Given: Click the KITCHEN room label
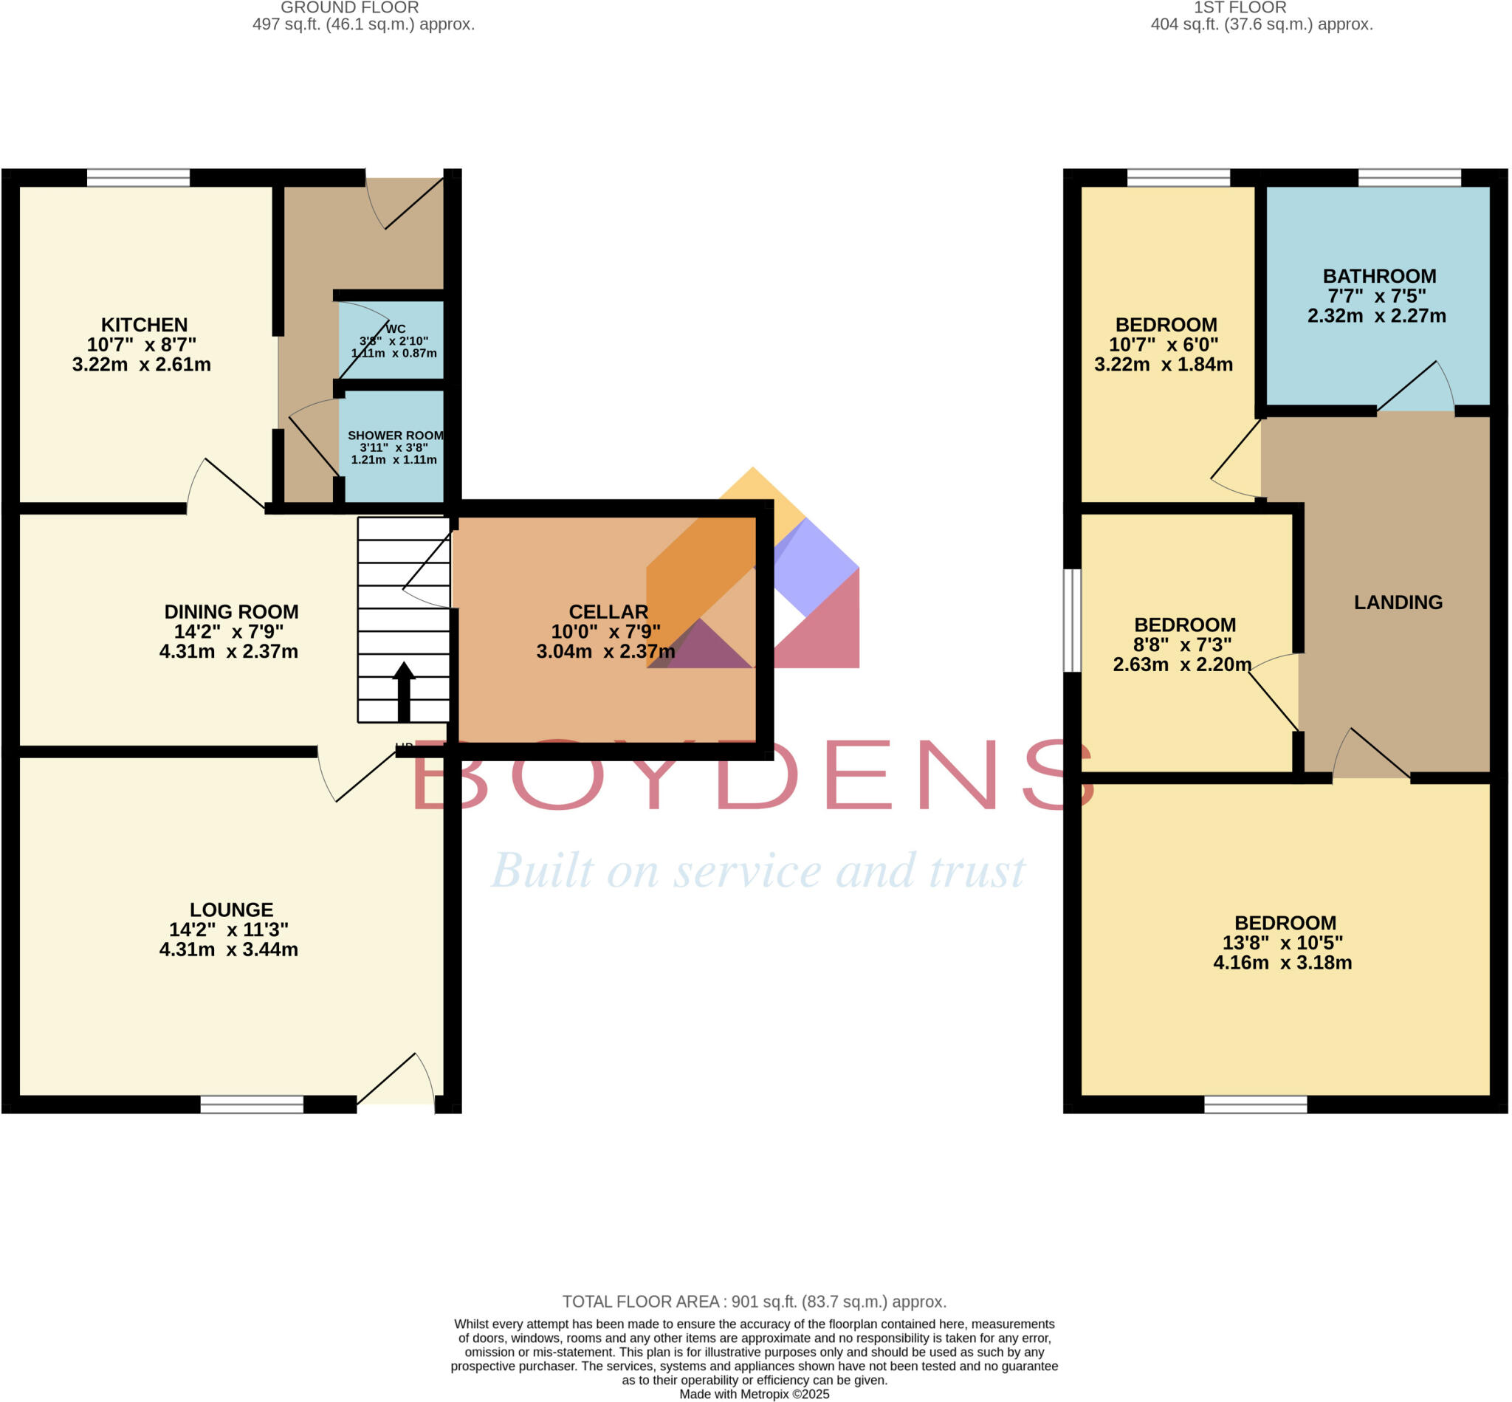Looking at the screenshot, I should [x=144, y=325].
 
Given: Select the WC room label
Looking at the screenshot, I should [x=395, y=329].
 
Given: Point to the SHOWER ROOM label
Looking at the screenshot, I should [x=395, y=436].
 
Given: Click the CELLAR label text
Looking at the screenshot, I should [x=608, y=611].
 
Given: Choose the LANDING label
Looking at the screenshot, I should [x=1398, y=602].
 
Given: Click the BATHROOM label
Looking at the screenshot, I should [x=1379, y=276].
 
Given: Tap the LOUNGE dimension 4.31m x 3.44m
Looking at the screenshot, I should [x=228, y=949].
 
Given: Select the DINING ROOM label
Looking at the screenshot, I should [x=231, y=611].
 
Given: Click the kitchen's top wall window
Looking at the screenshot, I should [x=138, y=177].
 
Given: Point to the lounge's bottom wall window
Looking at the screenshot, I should [x=252, y=1104].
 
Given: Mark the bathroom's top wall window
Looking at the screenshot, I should [x=1409, y=177].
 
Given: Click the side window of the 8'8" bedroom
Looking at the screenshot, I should [x=1072, y=620].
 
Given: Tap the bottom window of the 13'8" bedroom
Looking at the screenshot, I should [x=1256, y=1104].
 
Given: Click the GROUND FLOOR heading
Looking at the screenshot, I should [x=350, y=7].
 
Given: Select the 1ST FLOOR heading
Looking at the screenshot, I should [x=1240, y=7].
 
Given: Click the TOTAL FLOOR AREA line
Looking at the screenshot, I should [x=754, y=1301].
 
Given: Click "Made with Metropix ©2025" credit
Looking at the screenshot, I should [x=754, y=1394].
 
